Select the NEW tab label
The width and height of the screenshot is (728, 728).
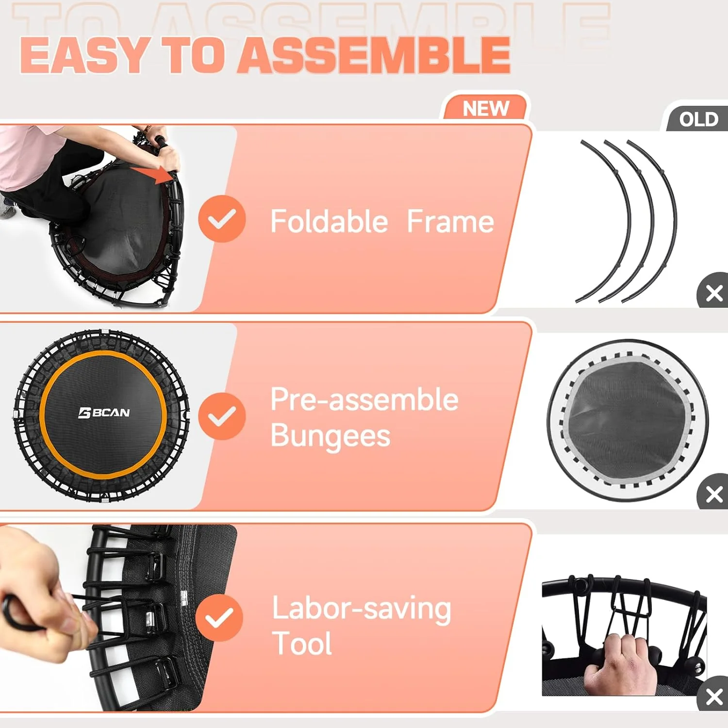(486, 108)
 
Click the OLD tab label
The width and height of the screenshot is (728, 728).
(698, 119)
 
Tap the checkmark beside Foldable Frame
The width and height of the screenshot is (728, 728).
(222, 219)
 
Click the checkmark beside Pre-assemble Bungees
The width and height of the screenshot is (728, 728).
(222, 416)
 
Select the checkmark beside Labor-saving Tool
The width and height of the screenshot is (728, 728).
(219, 617)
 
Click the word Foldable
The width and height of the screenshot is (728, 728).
(329, 222)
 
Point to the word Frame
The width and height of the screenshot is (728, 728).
(450, 222)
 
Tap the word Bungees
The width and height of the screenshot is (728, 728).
(330, 435)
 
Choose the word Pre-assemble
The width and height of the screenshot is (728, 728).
(364, 399)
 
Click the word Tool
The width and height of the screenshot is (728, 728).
(302, 644)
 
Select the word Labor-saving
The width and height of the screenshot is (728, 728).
(362, 609)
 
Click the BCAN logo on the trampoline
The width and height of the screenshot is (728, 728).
(104, 413)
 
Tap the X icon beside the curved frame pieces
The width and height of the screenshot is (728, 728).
(714, 293)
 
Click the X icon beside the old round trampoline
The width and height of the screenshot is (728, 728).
(714, 495)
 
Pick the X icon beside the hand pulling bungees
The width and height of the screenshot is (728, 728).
(714, 696)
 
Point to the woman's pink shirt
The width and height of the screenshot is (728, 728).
(24, 155)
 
